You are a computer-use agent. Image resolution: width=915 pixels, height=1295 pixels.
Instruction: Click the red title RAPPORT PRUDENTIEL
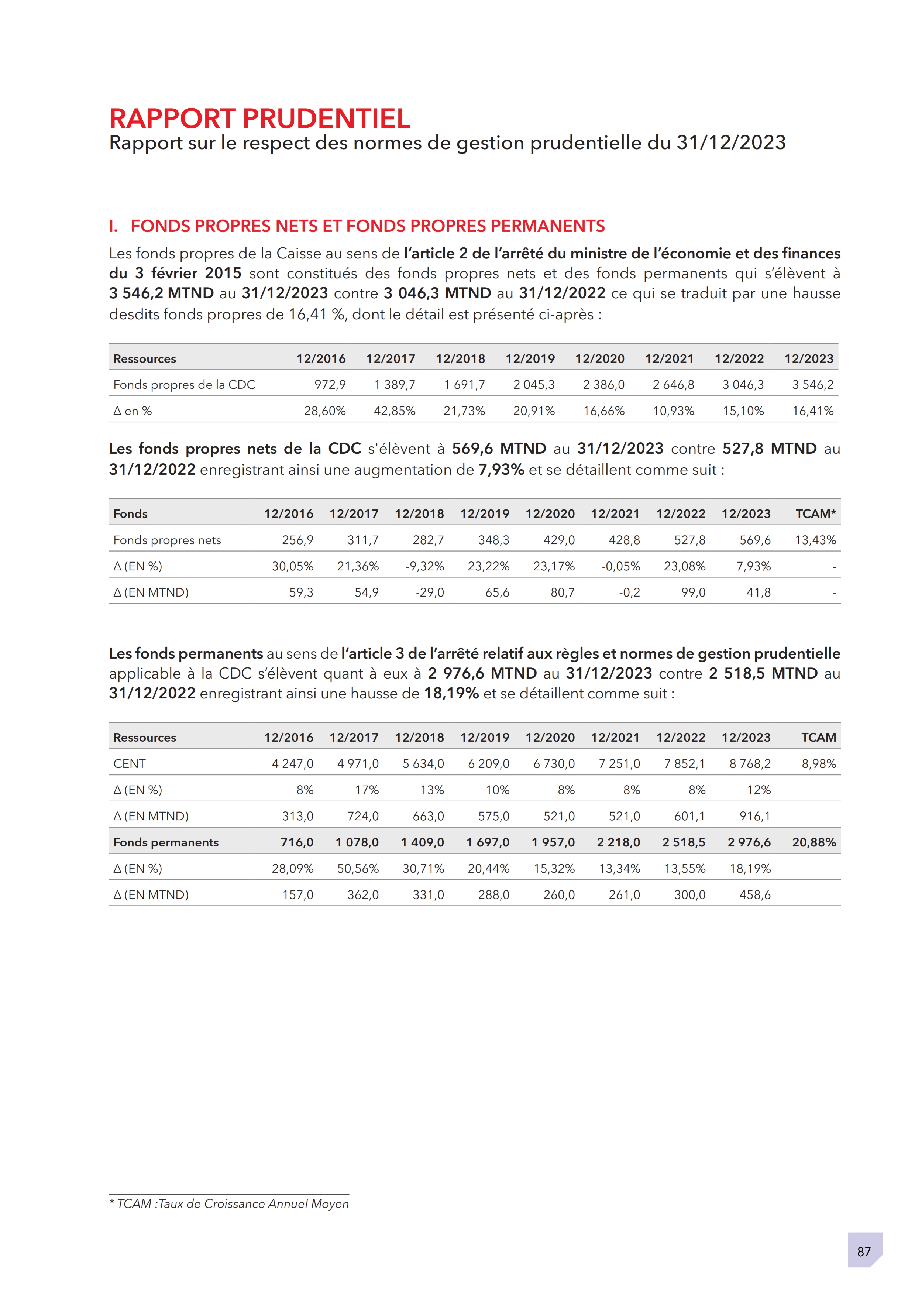point(259,118)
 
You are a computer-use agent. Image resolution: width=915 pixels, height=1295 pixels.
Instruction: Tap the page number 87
point(864,1251)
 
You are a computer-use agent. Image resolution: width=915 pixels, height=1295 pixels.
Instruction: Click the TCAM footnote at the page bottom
point(229,1203)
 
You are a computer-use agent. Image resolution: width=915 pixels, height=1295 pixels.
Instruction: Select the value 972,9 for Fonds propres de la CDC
point(330,385)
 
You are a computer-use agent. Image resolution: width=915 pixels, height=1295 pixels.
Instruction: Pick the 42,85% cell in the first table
point(394,411)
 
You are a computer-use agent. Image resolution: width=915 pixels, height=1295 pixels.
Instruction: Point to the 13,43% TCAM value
point(815,540)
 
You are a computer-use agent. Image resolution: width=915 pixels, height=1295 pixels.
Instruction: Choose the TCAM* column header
point(815,513)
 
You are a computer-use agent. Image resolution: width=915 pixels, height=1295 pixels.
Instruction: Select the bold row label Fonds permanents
point(166,842)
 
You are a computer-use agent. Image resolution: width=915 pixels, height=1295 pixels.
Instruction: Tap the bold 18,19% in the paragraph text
point(451,693)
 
